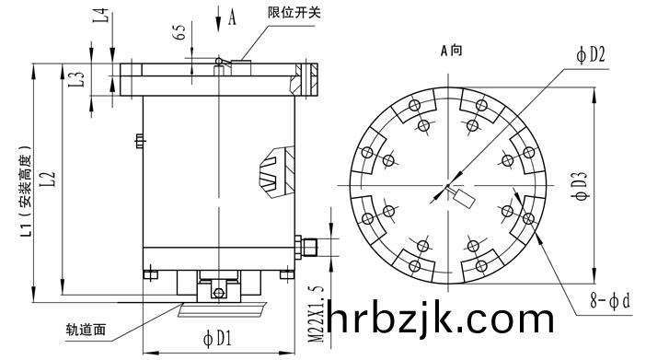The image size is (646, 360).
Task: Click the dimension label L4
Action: click(103, 16)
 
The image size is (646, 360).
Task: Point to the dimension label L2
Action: click(48, 179)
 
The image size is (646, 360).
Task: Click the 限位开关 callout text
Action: click(294, 12)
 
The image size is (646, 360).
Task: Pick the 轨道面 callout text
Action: click(87, 330)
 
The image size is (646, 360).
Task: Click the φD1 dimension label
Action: click(217, 339)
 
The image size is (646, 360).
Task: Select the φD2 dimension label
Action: click(591, 54)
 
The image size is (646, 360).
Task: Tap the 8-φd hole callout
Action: click(610, 300)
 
